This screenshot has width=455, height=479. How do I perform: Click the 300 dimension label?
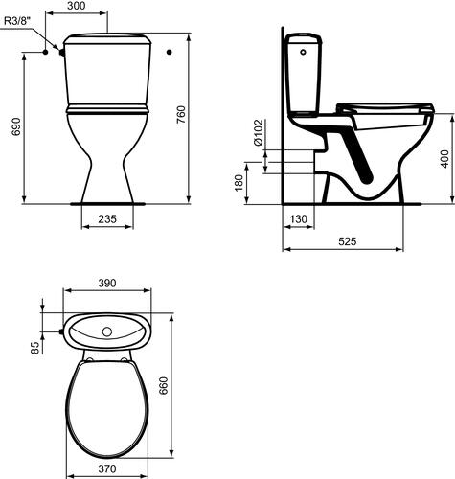tap(77, 6)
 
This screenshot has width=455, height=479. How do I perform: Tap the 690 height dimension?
tap(15, 126)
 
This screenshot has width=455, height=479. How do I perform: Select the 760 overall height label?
tap(180, 116)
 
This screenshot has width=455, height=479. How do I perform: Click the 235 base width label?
tap(107, 219)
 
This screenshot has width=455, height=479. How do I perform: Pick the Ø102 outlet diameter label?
tap(258, 132)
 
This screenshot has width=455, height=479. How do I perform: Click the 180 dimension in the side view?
tap(239, 183)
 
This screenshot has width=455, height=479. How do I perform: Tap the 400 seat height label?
tap(444, 159)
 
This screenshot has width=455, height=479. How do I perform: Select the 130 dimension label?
tap(299, 219)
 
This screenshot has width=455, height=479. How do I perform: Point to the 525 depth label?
tap(348, 241)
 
